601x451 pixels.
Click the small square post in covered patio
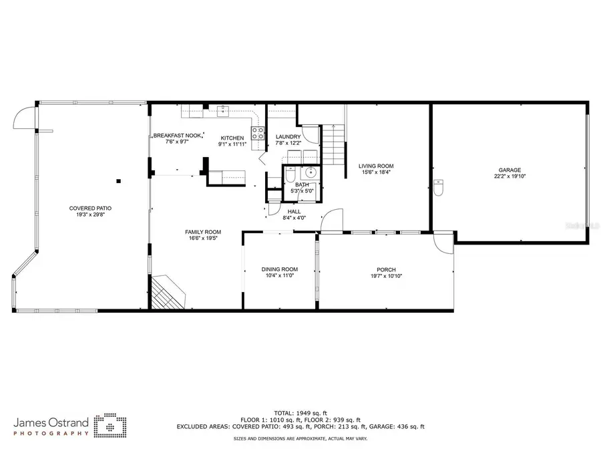click(x=118, y=180)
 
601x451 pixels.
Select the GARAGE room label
click(x=510, y=170)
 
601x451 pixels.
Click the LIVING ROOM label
click(x=376, y=166)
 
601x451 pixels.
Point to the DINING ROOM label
click(x=279, y=269)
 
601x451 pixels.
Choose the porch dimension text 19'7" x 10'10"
click(x=387, y=276)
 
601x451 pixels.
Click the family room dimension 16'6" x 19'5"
click(x=202, y=238)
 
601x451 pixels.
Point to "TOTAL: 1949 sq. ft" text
click(x=302, y=413)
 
